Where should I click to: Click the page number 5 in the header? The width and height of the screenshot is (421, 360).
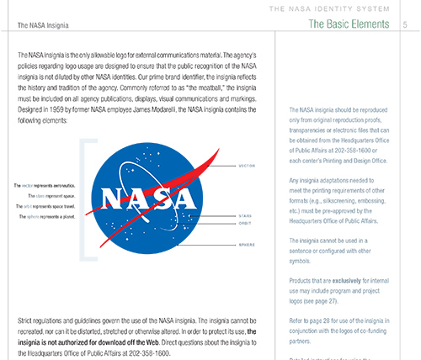click(x=408, y=26)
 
